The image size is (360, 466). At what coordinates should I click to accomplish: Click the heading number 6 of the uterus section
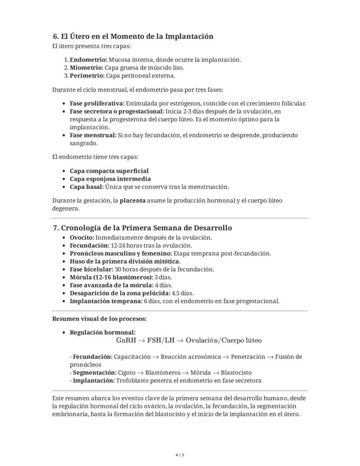click(x=55, y=37)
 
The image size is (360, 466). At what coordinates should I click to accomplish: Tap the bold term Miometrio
click(x=87, y=67)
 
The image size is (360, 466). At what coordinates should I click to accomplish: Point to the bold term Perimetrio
click(x=87, y=76)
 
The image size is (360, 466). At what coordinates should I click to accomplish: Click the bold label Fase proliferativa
click(x=97, y=103)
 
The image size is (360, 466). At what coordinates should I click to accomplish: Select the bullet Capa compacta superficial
click(x=109, y=171)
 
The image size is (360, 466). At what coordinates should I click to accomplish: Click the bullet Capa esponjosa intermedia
click(x=110, y=179)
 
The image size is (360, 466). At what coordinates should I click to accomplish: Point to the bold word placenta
click(x=133, y=201)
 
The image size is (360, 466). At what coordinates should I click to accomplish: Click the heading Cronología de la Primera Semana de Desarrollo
click(x=147, y=228)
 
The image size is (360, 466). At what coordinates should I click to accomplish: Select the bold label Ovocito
click(x=82, y=238)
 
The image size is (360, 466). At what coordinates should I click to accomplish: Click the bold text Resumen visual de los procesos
click(x=99, y=319)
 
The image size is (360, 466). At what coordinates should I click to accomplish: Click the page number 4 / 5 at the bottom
click(x=180, y=455)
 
